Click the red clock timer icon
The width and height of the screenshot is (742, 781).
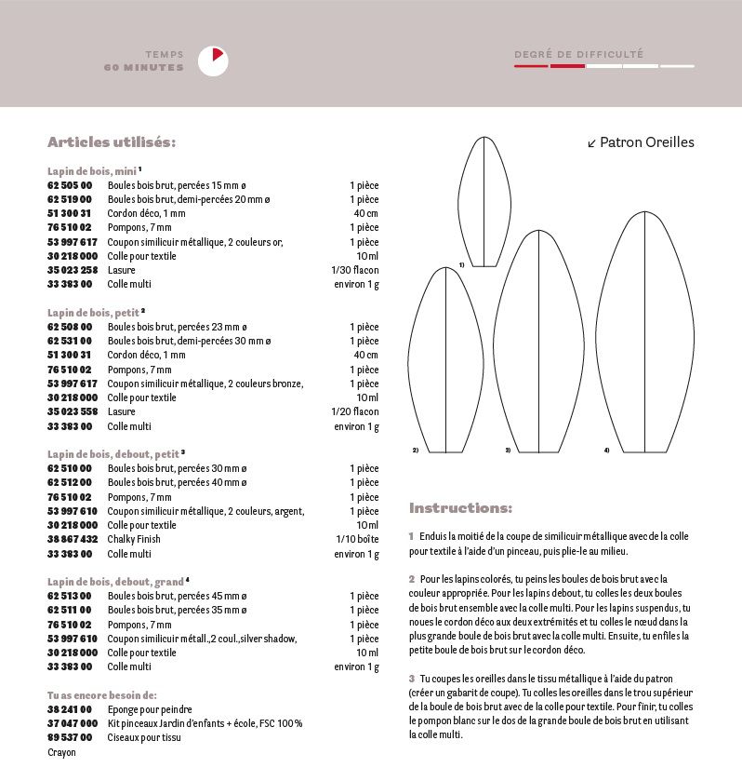(x=213, y=61)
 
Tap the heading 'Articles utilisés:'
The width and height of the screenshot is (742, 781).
(x=112, y=142)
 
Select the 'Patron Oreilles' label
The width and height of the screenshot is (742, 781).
(x=641, y=142)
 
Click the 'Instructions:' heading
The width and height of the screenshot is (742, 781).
(x=460, y=508)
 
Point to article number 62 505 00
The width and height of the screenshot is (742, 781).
(x=70, y=185)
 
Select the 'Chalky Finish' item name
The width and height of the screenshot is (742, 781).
(x=134, y=539)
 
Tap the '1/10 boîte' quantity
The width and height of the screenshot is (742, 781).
(x=357, y=539)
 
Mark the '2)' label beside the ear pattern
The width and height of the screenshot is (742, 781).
(x=415, y=451)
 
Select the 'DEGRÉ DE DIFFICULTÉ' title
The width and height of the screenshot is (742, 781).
(x=578, y=55)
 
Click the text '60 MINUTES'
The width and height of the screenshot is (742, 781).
(x=144, y=68)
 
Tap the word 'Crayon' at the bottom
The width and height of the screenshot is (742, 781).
(x=61, y=752)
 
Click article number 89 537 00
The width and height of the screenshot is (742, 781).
(x=70, y=737)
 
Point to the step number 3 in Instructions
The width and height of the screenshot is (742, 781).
(x=411, y=678)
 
